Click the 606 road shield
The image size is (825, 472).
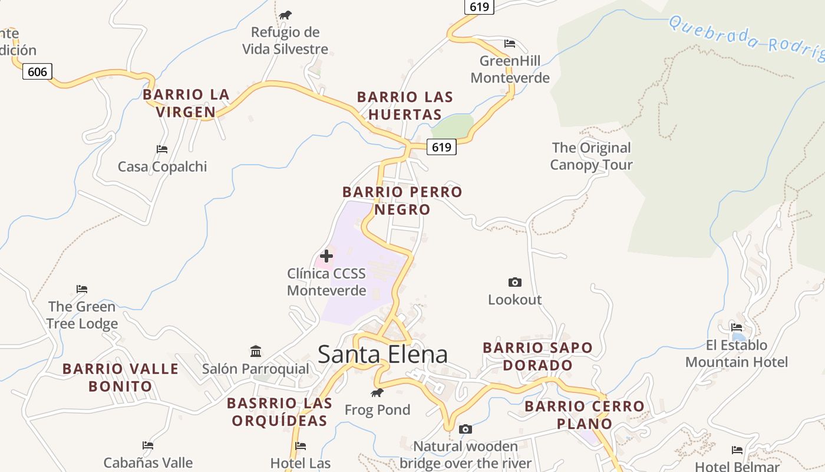tap(37, 72)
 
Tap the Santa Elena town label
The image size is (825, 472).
tap(382, 354)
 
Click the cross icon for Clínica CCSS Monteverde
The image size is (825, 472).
tap(326, 256)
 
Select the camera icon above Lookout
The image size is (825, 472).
tap(514, 283)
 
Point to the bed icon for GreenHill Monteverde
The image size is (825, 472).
tap(510, 44)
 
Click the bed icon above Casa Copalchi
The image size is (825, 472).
tap(162, 149)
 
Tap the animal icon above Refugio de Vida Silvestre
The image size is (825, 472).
tap(285, 15)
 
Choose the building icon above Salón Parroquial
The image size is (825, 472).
tap(256, 352)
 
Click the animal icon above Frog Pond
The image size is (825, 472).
tap(377, 392)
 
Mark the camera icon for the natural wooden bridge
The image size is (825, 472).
tap(466, 429)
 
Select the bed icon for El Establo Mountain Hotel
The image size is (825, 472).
tap(737, 327)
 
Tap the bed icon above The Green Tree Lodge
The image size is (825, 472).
tap(82, 289)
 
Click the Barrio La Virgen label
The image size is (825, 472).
tap(186, 103)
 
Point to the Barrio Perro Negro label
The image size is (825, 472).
tap(402, 201)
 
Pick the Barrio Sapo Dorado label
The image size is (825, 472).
tap(537, 356)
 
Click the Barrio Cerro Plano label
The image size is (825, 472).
tap(585, 415)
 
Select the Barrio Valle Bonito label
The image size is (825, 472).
tap(120, 378)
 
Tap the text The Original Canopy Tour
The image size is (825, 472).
tap(591, 156)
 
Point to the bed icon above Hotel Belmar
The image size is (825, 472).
tap(737, 450)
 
